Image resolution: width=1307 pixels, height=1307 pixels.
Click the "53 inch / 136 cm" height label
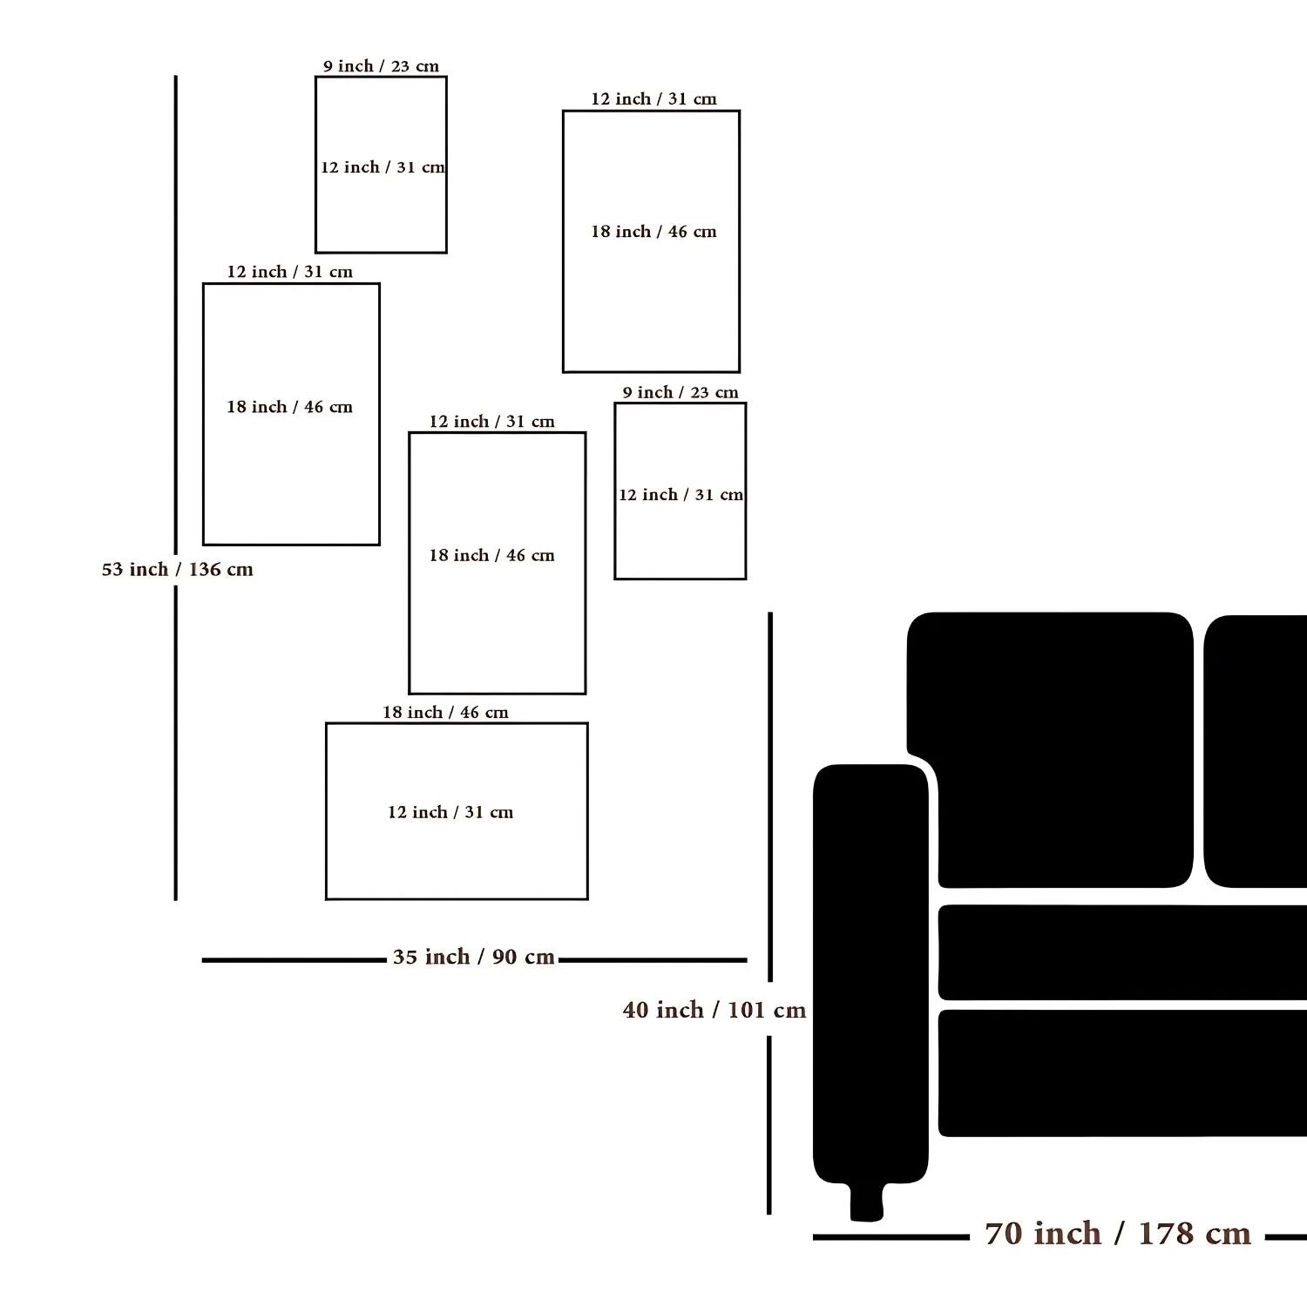pyautogui.click(x=178, y=570)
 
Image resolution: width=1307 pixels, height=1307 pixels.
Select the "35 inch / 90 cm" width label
pyautogui.click(x=474, y=957)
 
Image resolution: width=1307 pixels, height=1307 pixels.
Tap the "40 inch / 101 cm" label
pyautogui.click(x=714, y=1010)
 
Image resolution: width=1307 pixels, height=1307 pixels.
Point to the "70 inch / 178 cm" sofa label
pyautogui.click(x=1118, y=1234)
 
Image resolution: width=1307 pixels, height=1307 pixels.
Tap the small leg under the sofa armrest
pyautogui.click(x=866, y=1202)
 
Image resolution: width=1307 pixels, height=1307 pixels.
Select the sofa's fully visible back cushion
pyautogui.click(x=1050, y=749)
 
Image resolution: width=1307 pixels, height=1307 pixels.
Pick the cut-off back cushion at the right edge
pyautogui.click(x=1256, y=751)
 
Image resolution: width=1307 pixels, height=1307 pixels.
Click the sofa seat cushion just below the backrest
pyautogui.click(x=1122, y=952)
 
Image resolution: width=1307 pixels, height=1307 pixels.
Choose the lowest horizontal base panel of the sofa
pyautogui.click(x=1122, y=1073)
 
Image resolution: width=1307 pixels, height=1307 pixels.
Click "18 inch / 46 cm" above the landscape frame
pyautogui.click(x=445, y=712)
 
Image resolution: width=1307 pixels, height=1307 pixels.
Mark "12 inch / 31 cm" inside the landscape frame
pyautogui.click(x=450, y=812)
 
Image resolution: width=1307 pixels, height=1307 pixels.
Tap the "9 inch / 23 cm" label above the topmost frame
pyautogui.click(x=381, y=66)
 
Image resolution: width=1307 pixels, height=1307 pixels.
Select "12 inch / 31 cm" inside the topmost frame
pyautogui.click(x=383, y=167)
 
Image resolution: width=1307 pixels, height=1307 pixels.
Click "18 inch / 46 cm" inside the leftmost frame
pyautogui.click(x=290, y=407)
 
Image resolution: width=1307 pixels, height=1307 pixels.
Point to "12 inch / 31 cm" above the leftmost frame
pyautogui.click(x=290, y=272)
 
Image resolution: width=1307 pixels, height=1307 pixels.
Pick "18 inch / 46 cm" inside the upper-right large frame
pyautogui.click(x=653, y=232)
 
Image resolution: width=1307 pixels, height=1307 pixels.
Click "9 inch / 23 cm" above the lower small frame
pyautogui.click(x=681, y=392)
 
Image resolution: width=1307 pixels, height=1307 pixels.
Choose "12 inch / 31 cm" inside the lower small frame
pyautogui.click(x=681, y=495)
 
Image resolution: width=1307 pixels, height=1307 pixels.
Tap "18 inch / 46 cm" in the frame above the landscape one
pyautogui.click(x=491, y=555)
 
